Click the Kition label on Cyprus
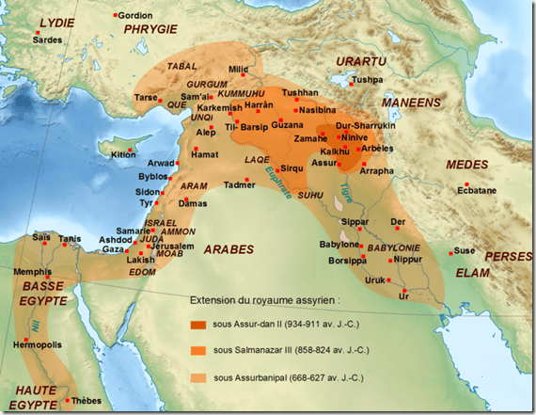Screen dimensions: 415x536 pos(123,154)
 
